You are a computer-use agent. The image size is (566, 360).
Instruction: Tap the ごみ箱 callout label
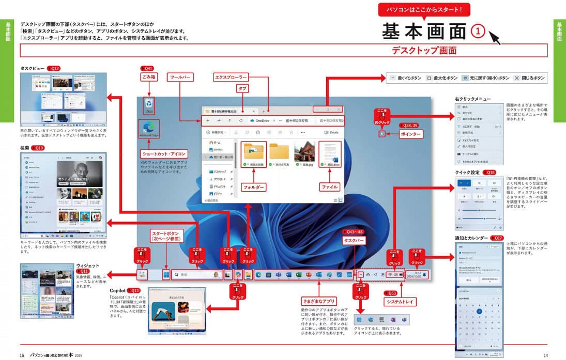click(148, 77)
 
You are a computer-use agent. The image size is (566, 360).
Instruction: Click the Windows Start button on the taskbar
click(166, 275)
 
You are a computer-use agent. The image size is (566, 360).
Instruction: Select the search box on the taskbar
click(196, 275)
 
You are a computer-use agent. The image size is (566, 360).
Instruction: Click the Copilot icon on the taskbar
click(238, 275)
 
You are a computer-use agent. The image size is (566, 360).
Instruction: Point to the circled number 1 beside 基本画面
click(478, 32)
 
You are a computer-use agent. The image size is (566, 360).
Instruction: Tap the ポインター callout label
click(411, 134)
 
